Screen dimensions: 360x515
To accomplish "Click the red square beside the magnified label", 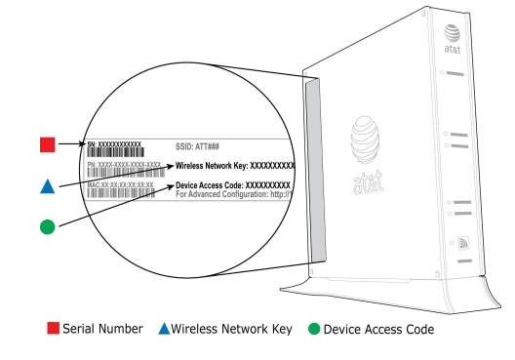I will (47, 144).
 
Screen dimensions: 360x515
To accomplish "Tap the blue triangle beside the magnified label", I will (47, 185).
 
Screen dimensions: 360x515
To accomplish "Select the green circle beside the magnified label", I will (47, 226).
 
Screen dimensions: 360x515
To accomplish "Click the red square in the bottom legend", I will (53, 329).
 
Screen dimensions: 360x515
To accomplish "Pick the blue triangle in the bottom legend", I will (163, 329).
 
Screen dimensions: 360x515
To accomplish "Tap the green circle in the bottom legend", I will (313, 329).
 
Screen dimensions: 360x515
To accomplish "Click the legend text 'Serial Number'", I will (101, 330).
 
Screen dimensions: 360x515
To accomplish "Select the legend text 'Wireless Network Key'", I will (233, 330).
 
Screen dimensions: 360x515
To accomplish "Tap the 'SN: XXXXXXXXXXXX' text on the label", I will (113, 143).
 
